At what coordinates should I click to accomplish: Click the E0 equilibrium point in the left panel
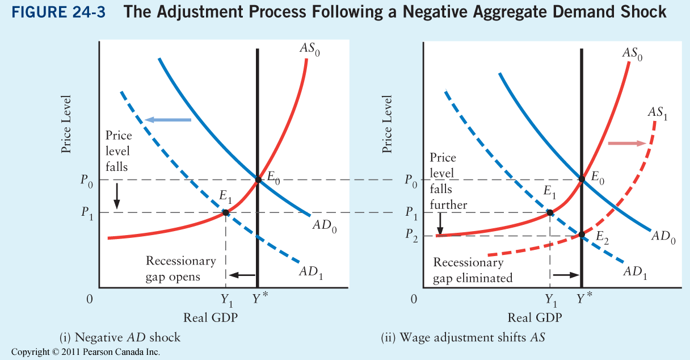tap(258, 180)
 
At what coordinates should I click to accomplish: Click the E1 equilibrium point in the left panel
tap(226, 212)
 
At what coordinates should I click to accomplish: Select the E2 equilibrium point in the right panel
tap(581, 234)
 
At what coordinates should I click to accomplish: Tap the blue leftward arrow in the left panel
tap(168, 120)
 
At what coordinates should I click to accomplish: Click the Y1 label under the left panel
tap(227, 299)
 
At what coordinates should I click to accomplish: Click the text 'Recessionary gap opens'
tap(181, 269)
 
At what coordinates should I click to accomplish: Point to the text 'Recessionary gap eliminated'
tap(472, 270)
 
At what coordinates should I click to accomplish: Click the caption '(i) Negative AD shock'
tap(120, 338)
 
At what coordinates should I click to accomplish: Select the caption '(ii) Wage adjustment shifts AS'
tap(463, 338)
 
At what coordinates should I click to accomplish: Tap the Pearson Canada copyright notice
tap(85, 353)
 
